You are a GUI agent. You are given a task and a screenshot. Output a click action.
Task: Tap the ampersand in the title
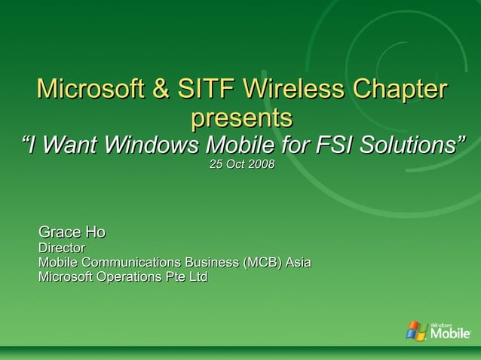click(x=161, y=89)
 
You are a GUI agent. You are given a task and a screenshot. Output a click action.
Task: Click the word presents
click(x=241, y=117)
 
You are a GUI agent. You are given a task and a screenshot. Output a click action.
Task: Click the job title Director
click(x=62, y=247)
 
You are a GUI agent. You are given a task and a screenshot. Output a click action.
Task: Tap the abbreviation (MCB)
click(x=262, y=262)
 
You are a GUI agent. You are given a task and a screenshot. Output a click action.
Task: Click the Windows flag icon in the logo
click(x=416, y=330)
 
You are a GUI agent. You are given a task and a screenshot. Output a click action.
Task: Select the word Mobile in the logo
click(x=450, y=333)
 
